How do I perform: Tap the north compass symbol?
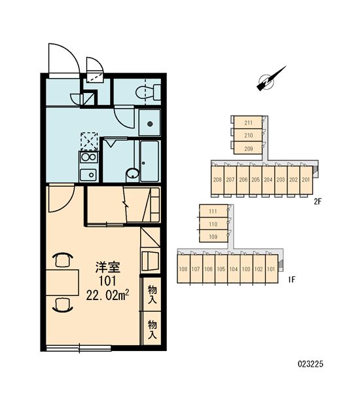(269, 80)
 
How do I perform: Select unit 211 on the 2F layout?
(248, 122)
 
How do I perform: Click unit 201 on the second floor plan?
(306, 179)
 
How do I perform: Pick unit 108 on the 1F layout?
(184, 269)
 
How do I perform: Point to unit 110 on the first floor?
(213, 223)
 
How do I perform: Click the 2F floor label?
(317, 201)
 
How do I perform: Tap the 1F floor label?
(292, 279)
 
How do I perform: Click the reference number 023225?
(310, 364)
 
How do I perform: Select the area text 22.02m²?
(108, 295)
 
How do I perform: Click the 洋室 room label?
(108, 267)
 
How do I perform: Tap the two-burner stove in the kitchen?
(88, 157)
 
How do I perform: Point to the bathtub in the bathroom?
(149, 161)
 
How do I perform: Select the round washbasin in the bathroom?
(133, 174)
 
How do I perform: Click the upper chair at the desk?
(63, 260)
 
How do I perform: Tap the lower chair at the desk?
(63, 305)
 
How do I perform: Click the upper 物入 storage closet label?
(152, 294)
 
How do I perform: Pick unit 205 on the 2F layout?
(255, 179)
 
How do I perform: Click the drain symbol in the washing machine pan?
(150, 124)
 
